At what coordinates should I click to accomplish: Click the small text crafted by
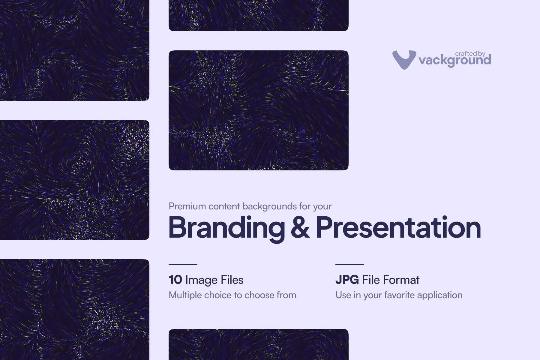470,54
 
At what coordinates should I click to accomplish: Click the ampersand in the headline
300,227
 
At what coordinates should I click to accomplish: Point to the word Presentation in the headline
398,227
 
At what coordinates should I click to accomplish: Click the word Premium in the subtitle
187,206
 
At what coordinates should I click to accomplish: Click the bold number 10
175,280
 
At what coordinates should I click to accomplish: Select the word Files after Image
232,280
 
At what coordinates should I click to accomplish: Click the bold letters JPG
347,280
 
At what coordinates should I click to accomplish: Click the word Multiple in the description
185,295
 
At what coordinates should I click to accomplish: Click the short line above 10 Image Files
183,264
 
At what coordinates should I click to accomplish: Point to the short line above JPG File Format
350,264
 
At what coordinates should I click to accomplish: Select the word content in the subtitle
224,206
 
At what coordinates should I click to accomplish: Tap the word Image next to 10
201,280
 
